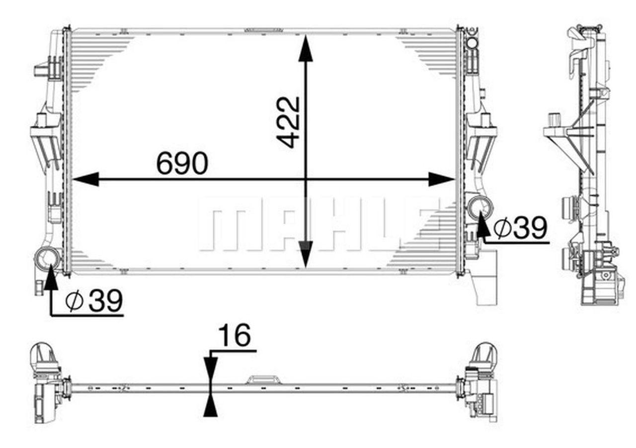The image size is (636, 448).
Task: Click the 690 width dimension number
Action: point(182,163)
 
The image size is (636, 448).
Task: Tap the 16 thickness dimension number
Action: point(235,336)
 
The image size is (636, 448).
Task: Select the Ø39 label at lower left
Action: point(94,301)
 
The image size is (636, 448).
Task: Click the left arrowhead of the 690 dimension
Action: point(85,179)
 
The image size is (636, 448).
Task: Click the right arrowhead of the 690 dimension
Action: point(441,179)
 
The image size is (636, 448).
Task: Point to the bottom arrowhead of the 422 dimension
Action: point(306,254)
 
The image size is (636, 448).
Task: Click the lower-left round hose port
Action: point(47,257)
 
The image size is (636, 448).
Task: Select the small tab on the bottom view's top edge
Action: point(263,379)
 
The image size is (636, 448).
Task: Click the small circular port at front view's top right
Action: point(472,43)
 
